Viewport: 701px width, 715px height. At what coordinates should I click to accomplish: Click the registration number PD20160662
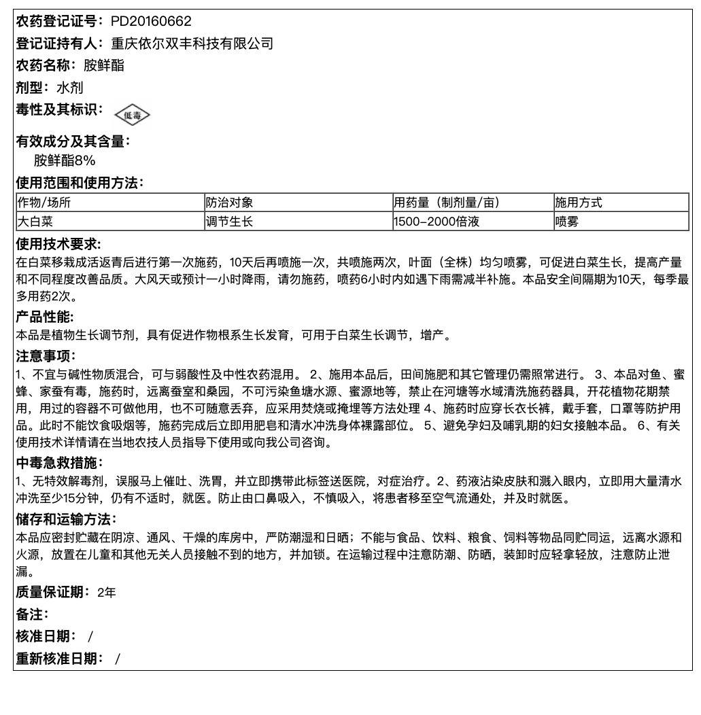pyautogui.click(x=151, y=22)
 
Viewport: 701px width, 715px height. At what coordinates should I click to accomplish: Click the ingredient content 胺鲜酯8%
pyautogui.click(x=65, y=161)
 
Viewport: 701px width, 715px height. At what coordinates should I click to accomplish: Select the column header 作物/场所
pyautogui.click(x=44, y=203)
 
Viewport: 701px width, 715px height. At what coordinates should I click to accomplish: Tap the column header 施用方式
pyautogui.click(x=578, y=203)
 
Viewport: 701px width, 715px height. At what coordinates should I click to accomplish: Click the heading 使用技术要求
pyautogui.click(x=58, y=244)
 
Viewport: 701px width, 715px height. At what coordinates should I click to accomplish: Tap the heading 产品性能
pyautogui.click(x=45, y=317)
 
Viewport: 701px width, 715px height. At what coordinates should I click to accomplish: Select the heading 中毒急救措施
pyautogui.click(x=58, y=464)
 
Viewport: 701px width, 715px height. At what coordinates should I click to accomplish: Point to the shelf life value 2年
pyautogui.click(x=107, y=593)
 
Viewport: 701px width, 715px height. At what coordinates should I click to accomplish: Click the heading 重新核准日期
pyautogui.click(x=59, y=658)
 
